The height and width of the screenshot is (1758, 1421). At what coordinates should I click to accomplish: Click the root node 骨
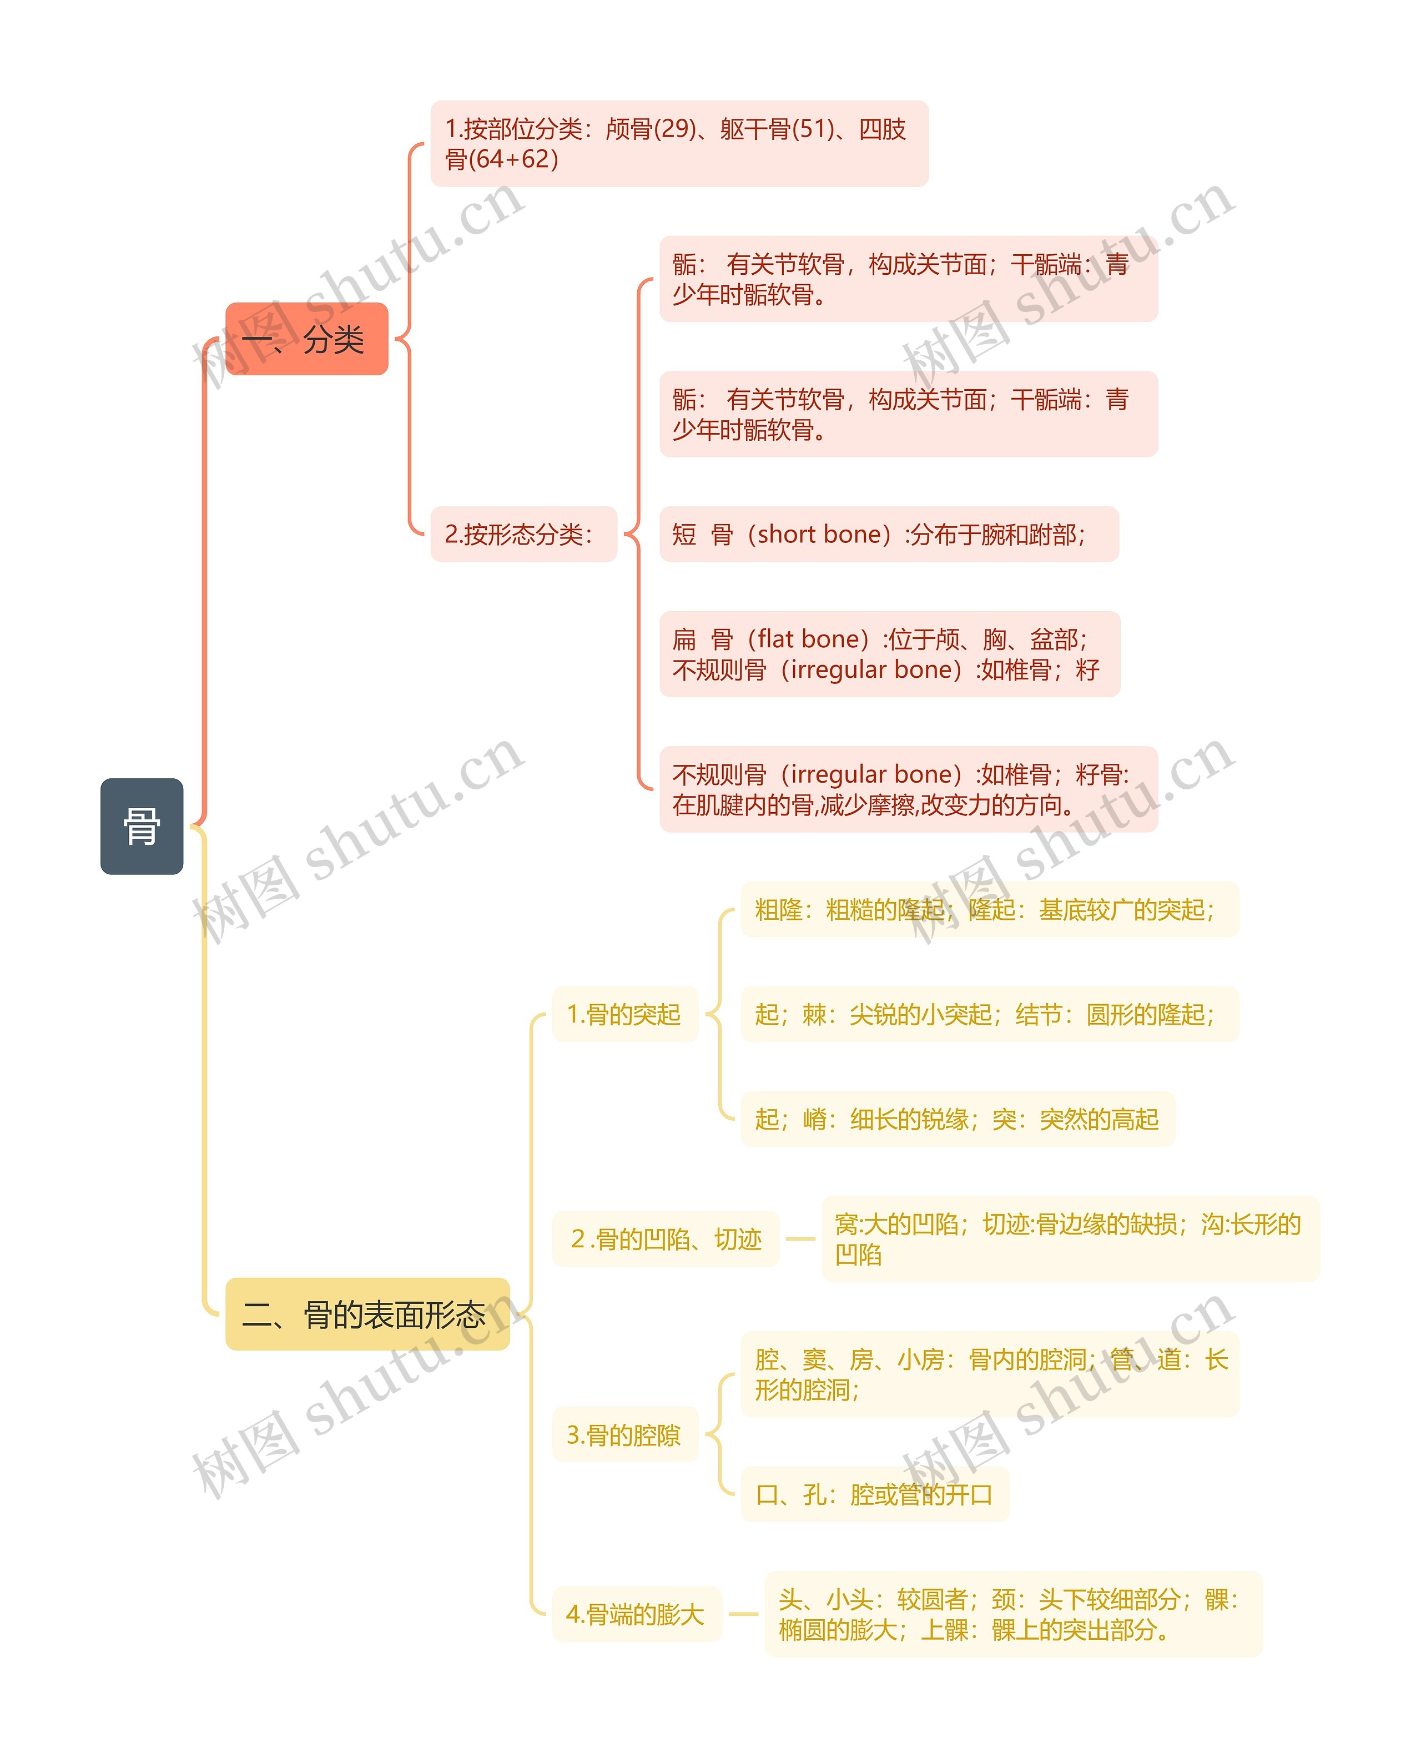tap(142, 826)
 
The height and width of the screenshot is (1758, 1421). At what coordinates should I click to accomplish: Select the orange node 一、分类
tap(306, 339)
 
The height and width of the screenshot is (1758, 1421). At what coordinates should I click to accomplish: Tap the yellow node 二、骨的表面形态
tap(367, 1315)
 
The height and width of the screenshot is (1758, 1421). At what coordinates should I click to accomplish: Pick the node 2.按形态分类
tap(523, 535)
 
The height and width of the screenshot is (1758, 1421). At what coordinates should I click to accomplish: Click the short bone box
tap(888, 535)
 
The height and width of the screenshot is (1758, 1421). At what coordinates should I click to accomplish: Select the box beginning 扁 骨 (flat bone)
tap(889, 654)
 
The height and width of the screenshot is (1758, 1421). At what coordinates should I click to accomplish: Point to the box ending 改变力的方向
tap(908, 789)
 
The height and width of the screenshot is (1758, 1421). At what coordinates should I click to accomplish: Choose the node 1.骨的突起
tap(624, 1015)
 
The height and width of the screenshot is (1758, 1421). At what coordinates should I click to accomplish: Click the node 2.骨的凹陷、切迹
tap(666, 1239)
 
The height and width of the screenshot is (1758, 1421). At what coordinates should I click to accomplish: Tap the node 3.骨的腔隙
tap(624, 1435)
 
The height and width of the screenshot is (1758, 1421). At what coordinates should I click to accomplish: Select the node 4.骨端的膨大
tap(636, 1614)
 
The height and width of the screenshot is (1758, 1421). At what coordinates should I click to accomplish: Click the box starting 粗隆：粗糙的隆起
tap(989, 909)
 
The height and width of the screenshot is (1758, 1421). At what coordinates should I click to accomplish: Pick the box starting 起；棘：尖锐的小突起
tap(989, 1015)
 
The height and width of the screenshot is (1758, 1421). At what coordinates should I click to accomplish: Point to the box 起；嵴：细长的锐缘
tap(957, 1119)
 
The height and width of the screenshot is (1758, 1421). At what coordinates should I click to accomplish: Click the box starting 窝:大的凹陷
tap(1070, 1239)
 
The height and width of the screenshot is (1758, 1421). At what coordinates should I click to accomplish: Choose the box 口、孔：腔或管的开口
tap(874, 1494)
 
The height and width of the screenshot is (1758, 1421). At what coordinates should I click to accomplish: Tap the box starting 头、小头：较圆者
tap(1012, 1614)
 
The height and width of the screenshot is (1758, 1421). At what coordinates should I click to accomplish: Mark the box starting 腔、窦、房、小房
tap(989, 1374)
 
